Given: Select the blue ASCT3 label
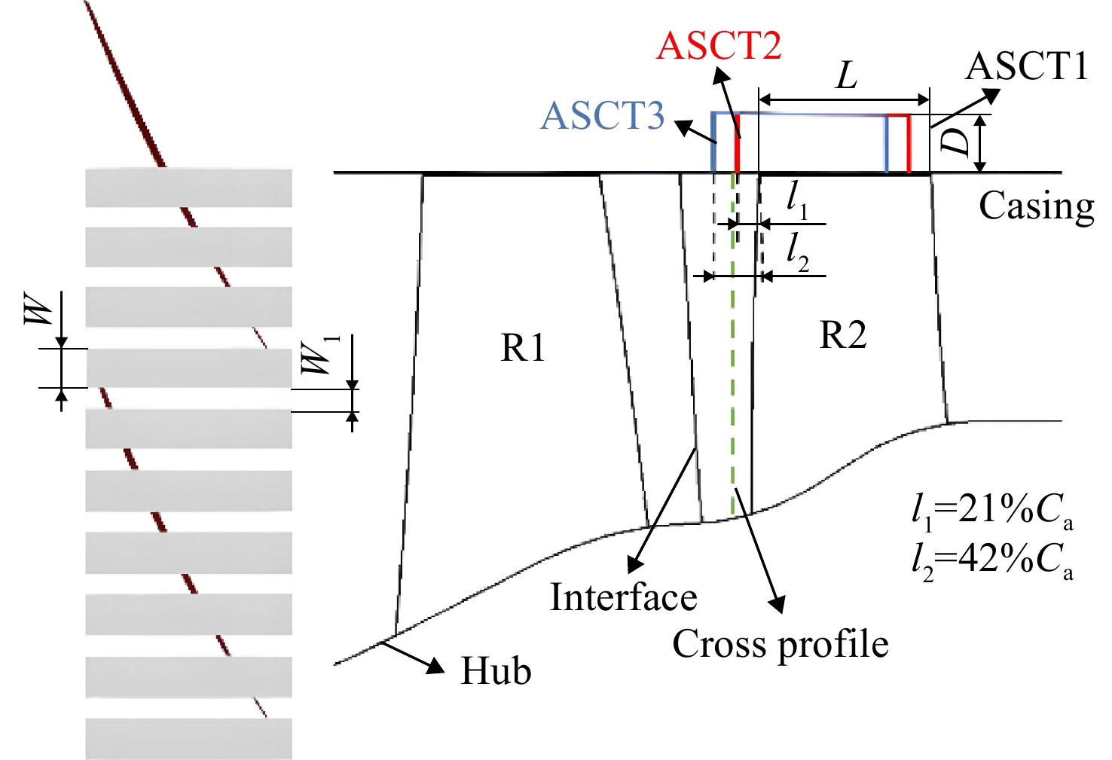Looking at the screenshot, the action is [602, 116].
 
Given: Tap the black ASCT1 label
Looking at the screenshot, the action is [1027, 66].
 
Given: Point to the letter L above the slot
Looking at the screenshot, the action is [846, 77].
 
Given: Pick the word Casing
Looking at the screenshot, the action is [1037, 206].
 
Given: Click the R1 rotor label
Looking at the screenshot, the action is [523, 347].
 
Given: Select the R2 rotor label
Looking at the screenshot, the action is [842, 335].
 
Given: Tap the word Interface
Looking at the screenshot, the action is [624, 597].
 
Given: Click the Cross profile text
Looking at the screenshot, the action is [780, 644].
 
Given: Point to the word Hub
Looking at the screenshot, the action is [496, 670].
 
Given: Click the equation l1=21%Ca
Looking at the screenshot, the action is [992, 511].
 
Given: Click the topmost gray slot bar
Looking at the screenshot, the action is [188, 188].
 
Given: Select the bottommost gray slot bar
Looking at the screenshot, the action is [188, 739].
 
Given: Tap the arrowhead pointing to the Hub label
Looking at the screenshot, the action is [437, 666].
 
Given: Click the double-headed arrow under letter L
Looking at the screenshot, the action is [844, 99].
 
